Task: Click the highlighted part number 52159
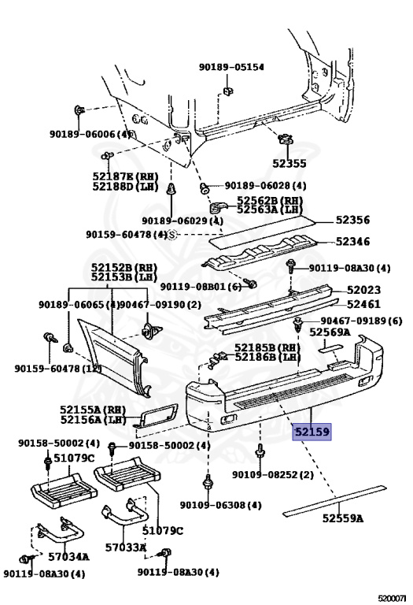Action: [x=312, y=432]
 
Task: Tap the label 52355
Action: [x=289, y=164]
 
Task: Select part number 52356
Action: [x=352, y=220]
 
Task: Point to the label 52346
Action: [x=352, y=242]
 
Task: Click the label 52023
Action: [x=363, y=290]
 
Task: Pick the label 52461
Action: [x=363, y=304]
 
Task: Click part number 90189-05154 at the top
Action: [x=231, y=67]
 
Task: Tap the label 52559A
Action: [x=343, y=518]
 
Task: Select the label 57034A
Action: [x=68, y=556]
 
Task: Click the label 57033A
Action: [x=126, y=547]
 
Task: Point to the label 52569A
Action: [x=330, y=332]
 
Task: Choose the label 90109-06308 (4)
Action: [x=221, y=505]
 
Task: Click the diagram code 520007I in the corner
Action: [x=393, y=599]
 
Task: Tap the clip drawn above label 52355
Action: [x=286, y=139]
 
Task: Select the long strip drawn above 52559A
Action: [x=334, y=501]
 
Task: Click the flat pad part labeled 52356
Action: [x=262, y=232]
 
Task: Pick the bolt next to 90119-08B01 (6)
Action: [x=250, y=284]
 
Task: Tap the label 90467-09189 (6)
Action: [x=361, y=321]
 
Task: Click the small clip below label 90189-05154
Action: [x=227, y=91]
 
